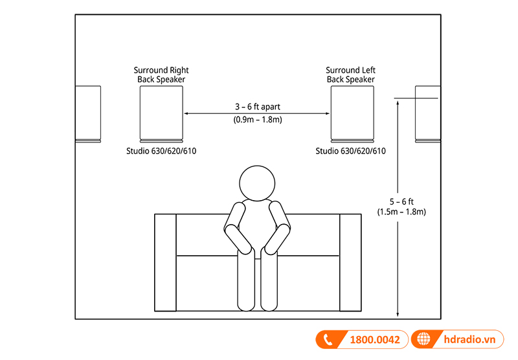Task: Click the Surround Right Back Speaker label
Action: [161, 74]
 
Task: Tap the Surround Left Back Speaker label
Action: [351, 74]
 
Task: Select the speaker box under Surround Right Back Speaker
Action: [161, 113]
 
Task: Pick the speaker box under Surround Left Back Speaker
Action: [352, 113]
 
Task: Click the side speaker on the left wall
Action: [89, 113]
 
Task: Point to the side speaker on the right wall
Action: [427, 113]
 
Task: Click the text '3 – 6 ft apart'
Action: [257, 106]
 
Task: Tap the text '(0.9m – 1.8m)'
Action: [257, 120]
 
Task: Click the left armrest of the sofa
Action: [166, 262]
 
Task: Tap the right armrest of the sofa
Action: [350, 262]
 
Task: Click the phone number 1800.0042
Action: [376, 339]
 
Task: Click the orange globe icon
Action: [424, 339]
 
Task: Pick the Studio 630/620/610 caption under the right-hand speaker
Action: [351, 152]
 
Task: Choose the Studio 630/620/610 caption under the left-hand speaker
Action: [161, 152]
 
